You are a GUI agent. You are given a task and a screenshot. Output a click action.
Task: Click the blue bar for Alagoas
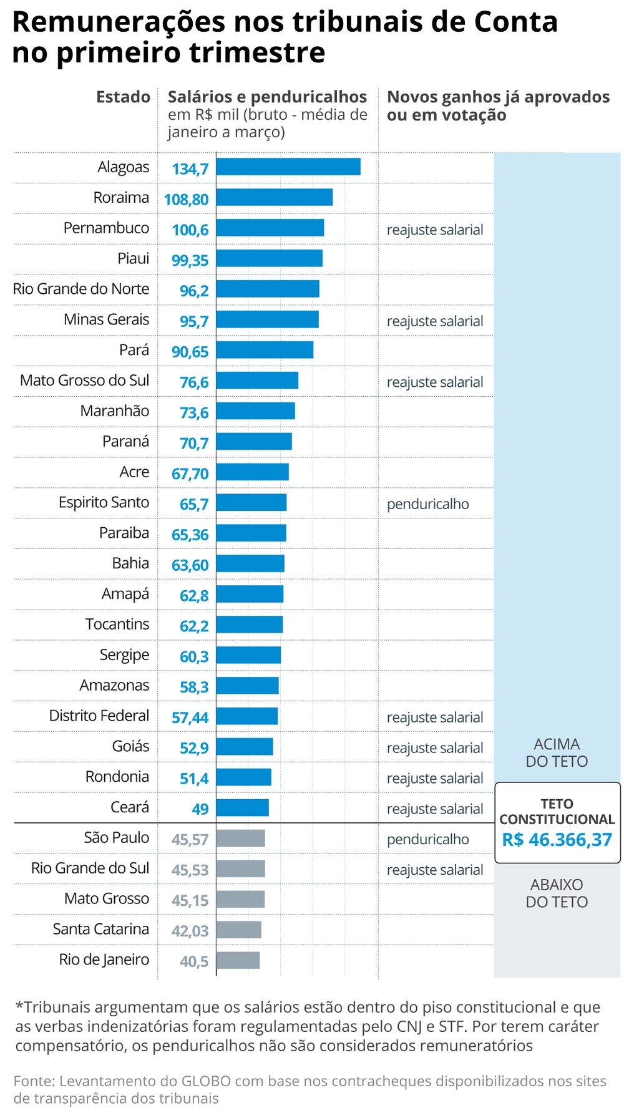coord(288,167)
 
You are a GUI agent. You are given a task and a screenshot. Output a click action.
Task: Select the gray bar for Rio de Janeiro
coord(238,960)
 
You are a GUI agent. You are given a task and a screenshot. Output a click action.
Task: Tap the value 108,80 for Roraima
coord(186,200)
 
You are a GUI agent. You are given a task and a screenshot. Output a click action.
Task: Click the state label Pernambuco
coord(106,228)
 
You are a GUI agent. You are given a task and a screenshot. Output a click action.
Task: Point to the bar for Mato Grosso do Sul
coord(257,381)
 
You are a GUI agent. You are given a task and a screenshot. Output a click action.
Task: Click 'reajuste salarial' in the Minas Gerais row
coord(434,321)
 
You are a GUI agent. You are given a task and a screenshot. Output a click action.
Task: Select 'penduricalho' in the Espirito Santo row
coord(427,504)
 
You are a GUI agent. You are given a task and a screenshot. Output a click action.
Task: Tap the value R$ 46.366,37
coord(557,840)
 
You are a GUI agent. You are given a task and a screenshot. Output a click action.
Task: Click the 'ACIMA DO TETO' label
coord(557,752)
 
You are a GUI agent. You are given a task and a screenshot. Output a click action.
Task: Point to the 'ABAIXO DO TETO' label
coord(557,893)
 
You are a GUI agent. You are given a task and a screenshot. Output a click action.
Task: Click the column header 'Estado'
coord(123,97)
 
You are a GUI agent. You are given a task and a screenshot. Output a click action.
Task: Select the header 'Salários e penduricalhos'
coord(267,97)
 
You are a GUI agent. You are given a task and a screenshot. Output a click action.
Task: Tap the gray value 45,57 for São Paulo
coord(190,840)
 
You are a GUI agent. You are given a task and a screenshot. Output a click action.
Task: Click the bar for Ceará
coord(243,808)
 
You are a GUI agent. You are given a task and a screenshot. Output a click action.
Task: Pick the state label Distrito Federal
coord(99,716)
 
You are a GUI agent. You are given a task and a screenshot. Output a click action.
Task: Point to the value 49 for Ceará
coord(200,809)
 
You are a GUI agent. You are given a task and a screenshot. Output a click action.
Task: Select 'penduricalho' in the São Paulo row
coord(427,839)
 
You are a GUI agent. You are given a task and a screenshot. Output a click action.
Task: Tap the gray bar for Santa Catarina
coord(239,930)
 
